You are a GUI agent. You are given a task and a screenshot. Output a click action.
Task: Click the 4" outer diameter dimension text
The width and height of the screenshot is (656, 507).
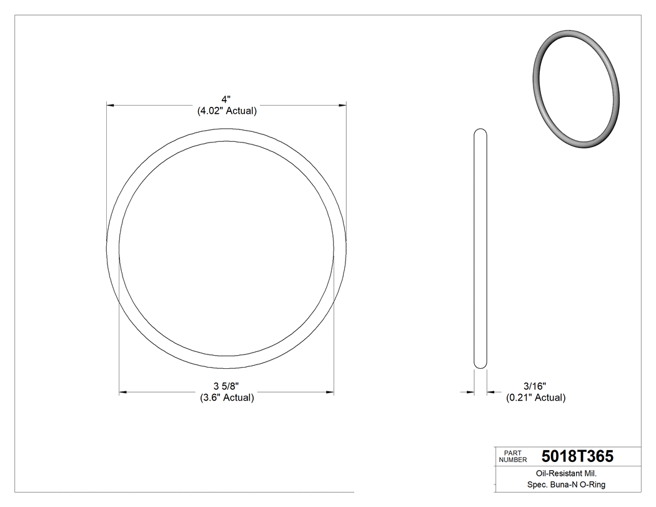coord(226,99)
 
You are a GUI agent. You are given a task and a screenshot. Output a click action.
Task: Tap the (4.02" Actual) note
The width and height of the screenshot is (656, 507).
coord(227,111)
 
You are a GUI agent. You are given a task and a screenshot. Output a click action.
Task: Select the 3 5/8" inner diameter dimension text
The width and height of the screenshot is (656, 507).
coord(226,386)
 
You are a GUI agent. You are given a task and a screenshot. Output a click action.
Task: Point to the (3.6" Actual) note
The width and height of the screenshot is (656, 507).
coord(226,398)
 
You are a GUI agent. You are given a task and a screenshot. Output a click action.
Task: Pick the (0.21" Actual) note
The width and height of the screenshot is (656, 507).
coord(535,398)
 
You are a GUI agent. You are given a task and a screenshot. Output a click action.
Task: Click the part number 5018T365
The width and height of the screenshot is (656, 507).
coord(577,456)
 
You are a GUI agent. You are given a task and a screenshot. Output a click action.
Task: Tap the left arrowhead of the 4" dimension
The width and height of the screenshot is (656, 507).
coord(111,105)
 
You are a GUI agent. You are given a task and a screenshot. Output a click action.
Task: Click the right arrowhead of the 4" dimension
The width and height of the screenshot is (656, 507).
coord(342,105)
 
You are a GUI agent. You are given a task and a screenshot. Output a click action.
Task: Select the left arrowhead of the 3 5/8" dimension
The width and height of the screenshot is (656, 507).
coord(123,393)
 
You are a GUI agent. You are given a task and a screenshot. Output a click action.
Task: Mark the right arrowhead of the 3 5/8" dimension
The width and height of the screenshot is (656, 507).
coord(330,393)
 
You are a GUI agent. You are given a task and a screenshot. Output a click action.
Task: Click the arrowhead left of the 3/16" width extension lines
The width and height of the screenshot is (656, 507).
coord(470,393)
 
